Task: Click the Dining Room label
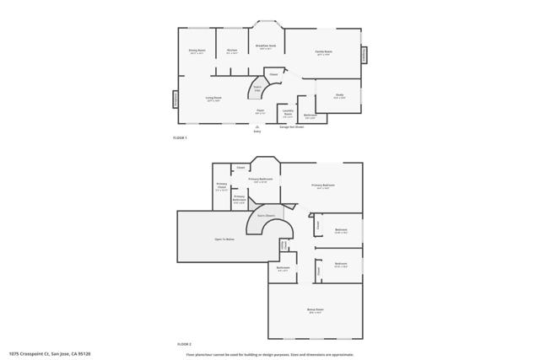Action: (x=197, y=52)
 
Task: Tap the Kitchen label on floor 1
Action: (x=231, y=51)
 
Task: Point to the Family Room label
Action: (x=323, y=52)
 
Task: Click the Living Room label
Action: (x=213, y=99)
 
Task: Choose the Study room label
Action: (x=339, y=95)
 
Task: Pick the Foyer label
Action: (x=261, y=110)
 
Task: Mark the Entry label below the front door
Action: (x=257, y=132)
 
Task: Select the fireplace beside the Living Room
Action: (x=175, y=99)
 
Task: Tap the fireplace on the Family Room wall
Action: (x=364, y=54)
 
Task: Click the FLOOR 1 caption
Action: (x=180, y=137)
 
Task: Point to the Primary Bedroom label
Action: (x=323, y=186)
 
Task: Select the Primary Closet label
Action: (x=221, y=187)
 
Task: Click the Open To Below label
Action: (x=224, y=239)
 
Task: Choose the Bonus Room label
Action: (x=316, y=310)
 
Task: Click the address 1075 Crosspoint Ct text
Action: (x=48, y=353)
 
